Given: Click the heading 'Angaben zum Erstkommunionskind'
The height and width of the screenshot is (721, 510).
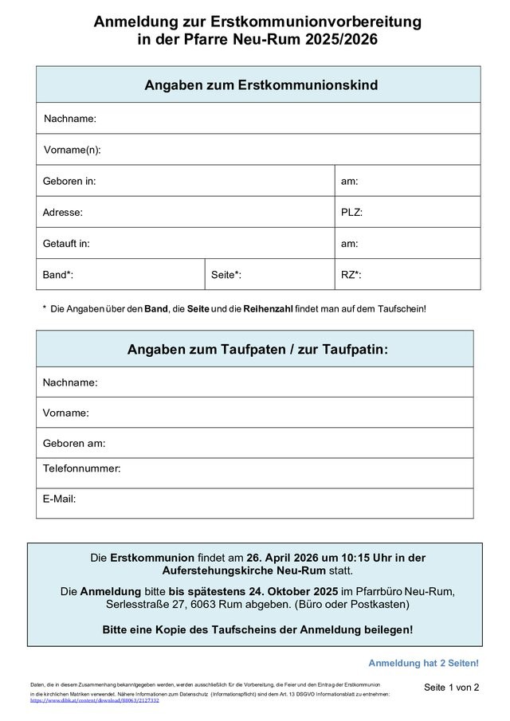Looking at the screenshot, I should click(x=261, y=84).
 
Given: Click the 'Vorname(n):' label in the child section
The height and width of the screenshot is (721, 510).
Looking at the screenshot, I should click(x=72, y=150).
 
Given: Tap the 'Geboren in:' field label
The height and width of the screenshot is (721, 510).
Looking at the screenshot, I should click(x=69, y=181).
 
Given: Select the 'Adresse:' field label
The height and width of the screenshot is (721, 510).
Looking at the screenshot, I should click(x=63, y=213).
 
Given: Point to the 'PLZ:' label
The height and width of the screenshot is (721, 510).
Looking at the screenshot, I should click(x=351, y=213).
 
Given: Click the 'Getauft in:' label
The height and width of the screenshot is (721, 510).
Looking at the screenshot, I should click(x=66, y=244).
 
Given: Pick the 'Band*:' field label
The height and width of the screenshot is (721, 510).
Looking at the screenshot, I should click(x=58, y=275).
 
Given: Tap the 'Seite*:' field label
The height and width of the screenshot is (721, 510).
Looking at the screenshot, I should click(x=226, y=275).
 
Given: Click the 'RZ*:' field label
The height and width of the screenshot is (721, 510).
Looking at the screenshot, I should click(x=351, y=275).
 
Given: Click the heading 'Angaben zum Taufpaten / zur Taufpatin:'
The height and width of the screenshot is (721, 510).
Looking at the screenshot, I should click(x=257, y=350).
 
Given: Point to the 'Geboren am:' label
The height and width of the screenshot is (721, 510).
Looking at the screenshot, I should click(x=74, y=444).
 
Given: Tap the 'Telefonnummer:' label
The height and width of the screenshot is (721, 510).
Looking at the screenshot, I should click(x=82, y=468).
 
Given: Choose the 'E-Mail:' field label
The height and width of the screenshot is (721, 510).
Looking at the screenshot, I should click(x=60, y=499).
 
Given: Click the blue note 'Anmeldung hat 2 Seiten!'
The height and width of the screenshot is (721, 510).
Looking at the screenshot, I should click(x=423, y=663).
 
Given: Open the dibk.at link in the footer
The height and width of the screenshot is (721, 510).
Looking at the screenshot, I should click(x=95, y=700).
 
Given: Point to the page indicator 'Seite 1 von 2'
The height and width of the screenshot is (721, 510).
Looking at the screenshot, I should click(x=452, y=688).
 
